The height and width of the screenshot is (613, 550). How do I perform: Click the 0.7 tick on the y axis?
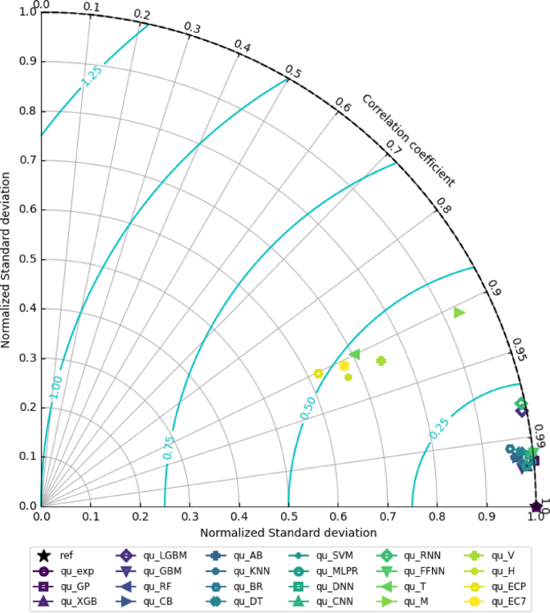coord(28,160)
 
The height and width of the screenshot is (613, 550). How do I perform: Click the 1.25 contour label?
coord(92,75)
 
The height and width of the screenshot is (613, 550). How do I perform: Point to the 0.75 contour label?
coord(169,447)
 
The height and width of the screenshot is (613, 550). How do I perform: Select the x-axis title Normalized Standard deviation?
coord(288,533)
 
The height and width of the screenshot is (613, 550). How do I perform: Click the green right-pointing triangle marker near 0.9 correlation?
coord(459,312)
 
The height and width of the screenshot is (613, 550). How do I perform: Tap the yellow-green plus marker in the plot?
coord(381,361)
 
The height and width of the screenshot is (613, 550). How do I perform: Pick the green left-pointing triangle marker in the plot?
coord(355,354)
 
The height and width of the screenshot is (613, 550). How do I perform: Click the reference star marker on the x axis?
coord(536,506)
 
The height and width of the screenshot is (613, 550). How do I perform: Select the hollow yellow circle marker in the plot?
coord(319,373)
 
